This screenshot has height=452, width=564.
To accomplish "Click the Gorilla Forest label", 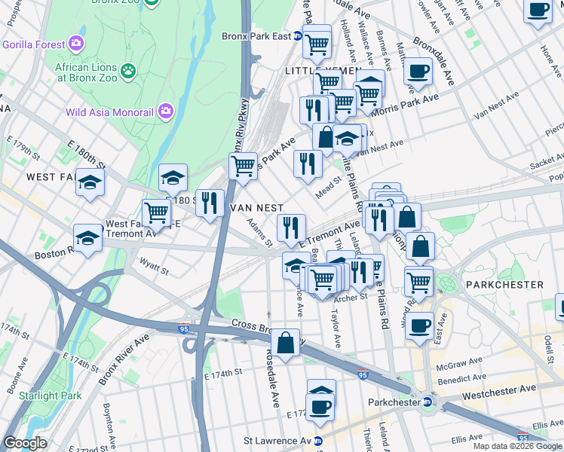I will (33, 44).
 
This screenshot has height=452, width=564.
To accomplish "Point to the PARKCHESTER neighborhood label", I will (504, 285).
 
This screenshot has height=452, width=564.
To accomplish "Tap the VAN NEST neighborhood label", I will (256, 207).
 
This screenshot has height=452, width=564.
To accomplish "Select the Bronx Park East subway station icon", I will (298, 35).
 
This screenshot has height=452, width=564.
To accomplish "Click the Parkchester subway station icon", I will (427, 402).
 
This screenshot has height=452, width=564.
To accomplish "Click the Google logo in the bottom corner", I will (26, 443).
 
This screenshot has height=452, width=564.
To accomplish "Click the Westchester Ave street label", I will (498, 389).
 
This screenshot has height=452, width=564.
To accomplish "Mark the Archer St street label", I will (351, 297).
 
